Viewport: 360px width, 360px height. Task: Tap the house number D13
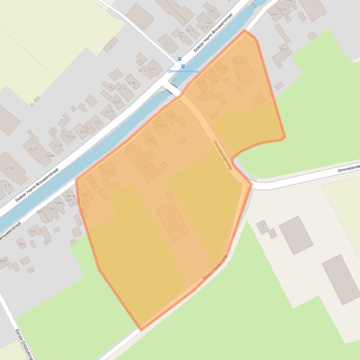tap(168, 44)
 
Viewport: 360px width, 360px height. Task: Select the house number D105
tap(238, 62)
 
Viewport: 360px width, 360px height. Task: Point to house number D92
tap(145, 167)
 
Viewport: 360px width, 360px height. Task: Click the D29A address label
tap(50, 156)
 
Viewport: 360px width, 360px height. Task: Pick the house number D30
tap(10, 168)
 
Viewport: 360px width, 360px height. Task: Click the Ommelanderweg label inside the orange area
tap(222, 155)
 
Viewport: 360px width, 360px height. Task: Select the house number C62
tap(283, 49)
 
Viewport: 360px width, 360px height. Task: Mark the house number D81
tap(22, 244)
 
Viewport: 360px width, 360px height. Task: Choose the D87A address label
tap(71, 196)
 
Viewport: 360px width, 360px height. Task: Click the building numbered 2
tap(263, 226)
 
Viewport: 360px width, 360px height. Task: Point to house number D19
tap(122, 88)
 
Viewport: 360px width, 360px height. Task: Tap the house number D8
tap(212, 11)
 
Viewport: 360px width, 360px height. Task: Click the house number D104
tap(221, 68)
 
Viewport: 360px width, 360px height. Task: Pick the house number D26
tap(71, 137)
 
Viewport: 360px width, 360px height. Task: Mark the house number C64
tap(273, 14)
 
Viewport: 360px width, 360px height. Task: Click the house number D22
tap(98, 122)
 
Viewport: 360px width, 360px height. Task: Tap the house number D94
tap(160, 125)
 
